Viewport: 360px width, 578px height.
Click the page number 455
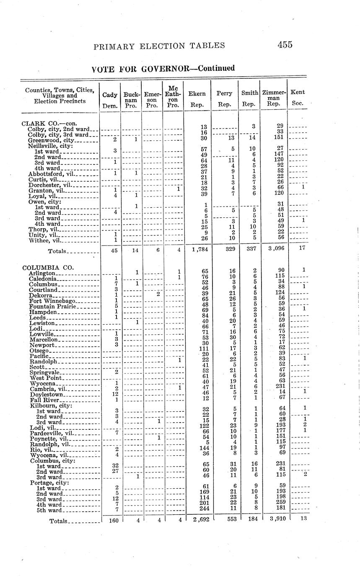tap(284, 45)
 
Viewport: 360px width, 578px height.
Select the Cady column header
tap(110, 95)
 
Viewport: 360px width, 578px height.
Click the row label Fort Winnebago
tap(52, 301)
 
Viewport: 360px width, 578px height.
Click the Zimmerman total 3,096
tap(274, 248)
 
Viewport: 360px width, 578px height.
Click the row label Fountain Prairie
tap(52, 307)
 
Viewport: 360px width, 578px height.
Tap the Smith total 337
tap(249, 248)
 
